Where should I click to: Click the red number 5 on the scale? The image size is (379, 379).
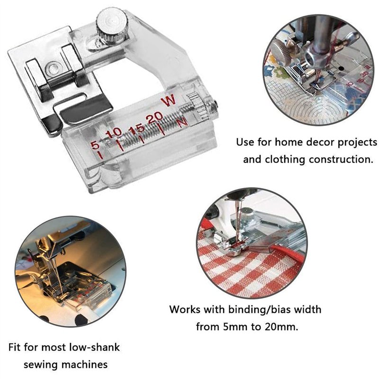(x=95, y=145)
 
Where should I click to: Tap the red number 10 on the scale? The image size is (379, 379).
(x=114, y=133)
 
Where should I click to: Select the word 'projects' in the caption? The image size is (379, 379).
(x=357, y=143)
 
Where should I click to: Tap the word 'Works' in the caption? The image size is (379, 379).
(x=185, y=310)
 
